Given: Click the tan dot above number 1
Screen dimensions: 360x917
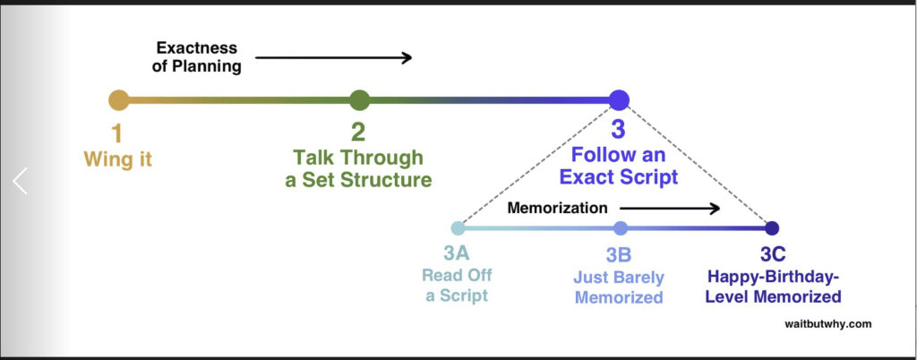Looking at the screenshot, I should point(118,100).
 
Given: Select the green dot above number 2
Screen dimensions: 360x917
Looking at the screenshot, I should point(359,100).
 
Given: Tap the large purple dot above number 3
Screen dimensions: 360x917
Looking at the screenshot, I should point(619,100).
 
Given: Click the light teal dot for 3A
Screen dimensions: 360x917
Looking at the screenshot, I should point(458,227).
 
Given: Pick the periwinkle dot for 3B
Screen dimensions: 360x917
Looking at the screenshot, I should point(621,227).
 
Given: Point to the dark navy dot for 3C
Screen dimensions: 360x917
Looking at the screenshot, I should point(772,227).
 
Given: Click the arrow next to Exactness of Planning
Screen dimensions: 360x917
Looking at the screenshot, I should point(331,58).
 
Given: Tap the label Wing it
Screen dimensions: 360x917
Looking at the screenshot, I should point(116,159).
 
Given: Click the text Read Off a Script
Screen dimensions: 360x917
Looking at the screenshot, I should point(458,285).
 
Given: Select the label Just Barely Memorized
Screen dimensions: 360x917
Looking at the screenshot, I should point(619,285).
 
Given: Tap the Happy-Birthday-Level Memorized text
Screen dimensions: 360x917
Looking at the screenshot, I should point(773,285).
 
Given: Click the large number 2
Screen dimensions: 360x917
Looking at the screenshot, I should point(358,133).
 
